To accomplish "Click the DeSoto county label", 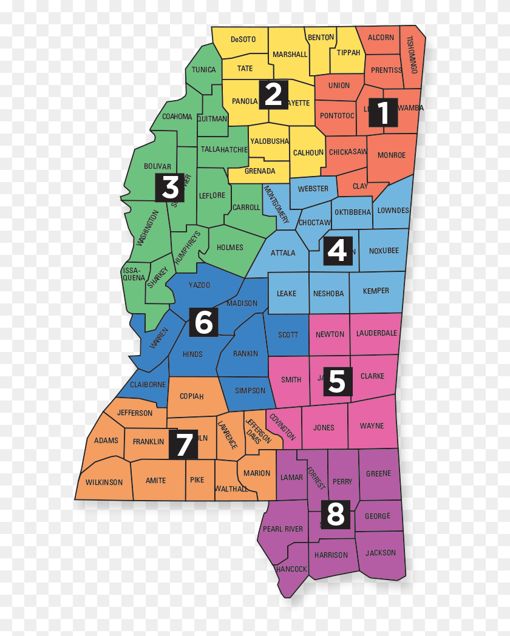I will (243, 39).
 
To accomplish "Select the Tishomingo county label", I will (413, 55).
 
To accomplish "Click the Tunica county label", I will (203, 70).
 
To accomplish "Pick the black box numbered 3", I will (170, 188).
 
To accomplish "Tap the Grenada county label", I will (260, 171).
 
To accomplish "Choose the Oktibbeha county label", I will (353, 212).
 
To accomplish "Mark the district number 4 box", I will (338, 250).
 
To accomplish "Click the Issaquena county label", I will (134, 274).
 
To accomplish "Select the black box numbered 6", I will (203, 322).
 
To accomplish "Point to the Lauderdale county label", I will (376, 333).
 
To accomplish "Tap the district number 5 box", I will (337, 381).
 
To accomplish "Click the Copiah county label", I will (191, 396).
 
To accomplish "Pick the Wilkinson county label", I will (104, 482).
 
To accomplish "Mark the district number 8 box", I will (335, 513).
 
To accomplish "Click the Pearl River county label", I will (283, 529).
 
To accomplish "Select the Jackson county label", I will (381, 553).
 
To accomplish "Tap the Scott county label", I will (288, 334).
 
